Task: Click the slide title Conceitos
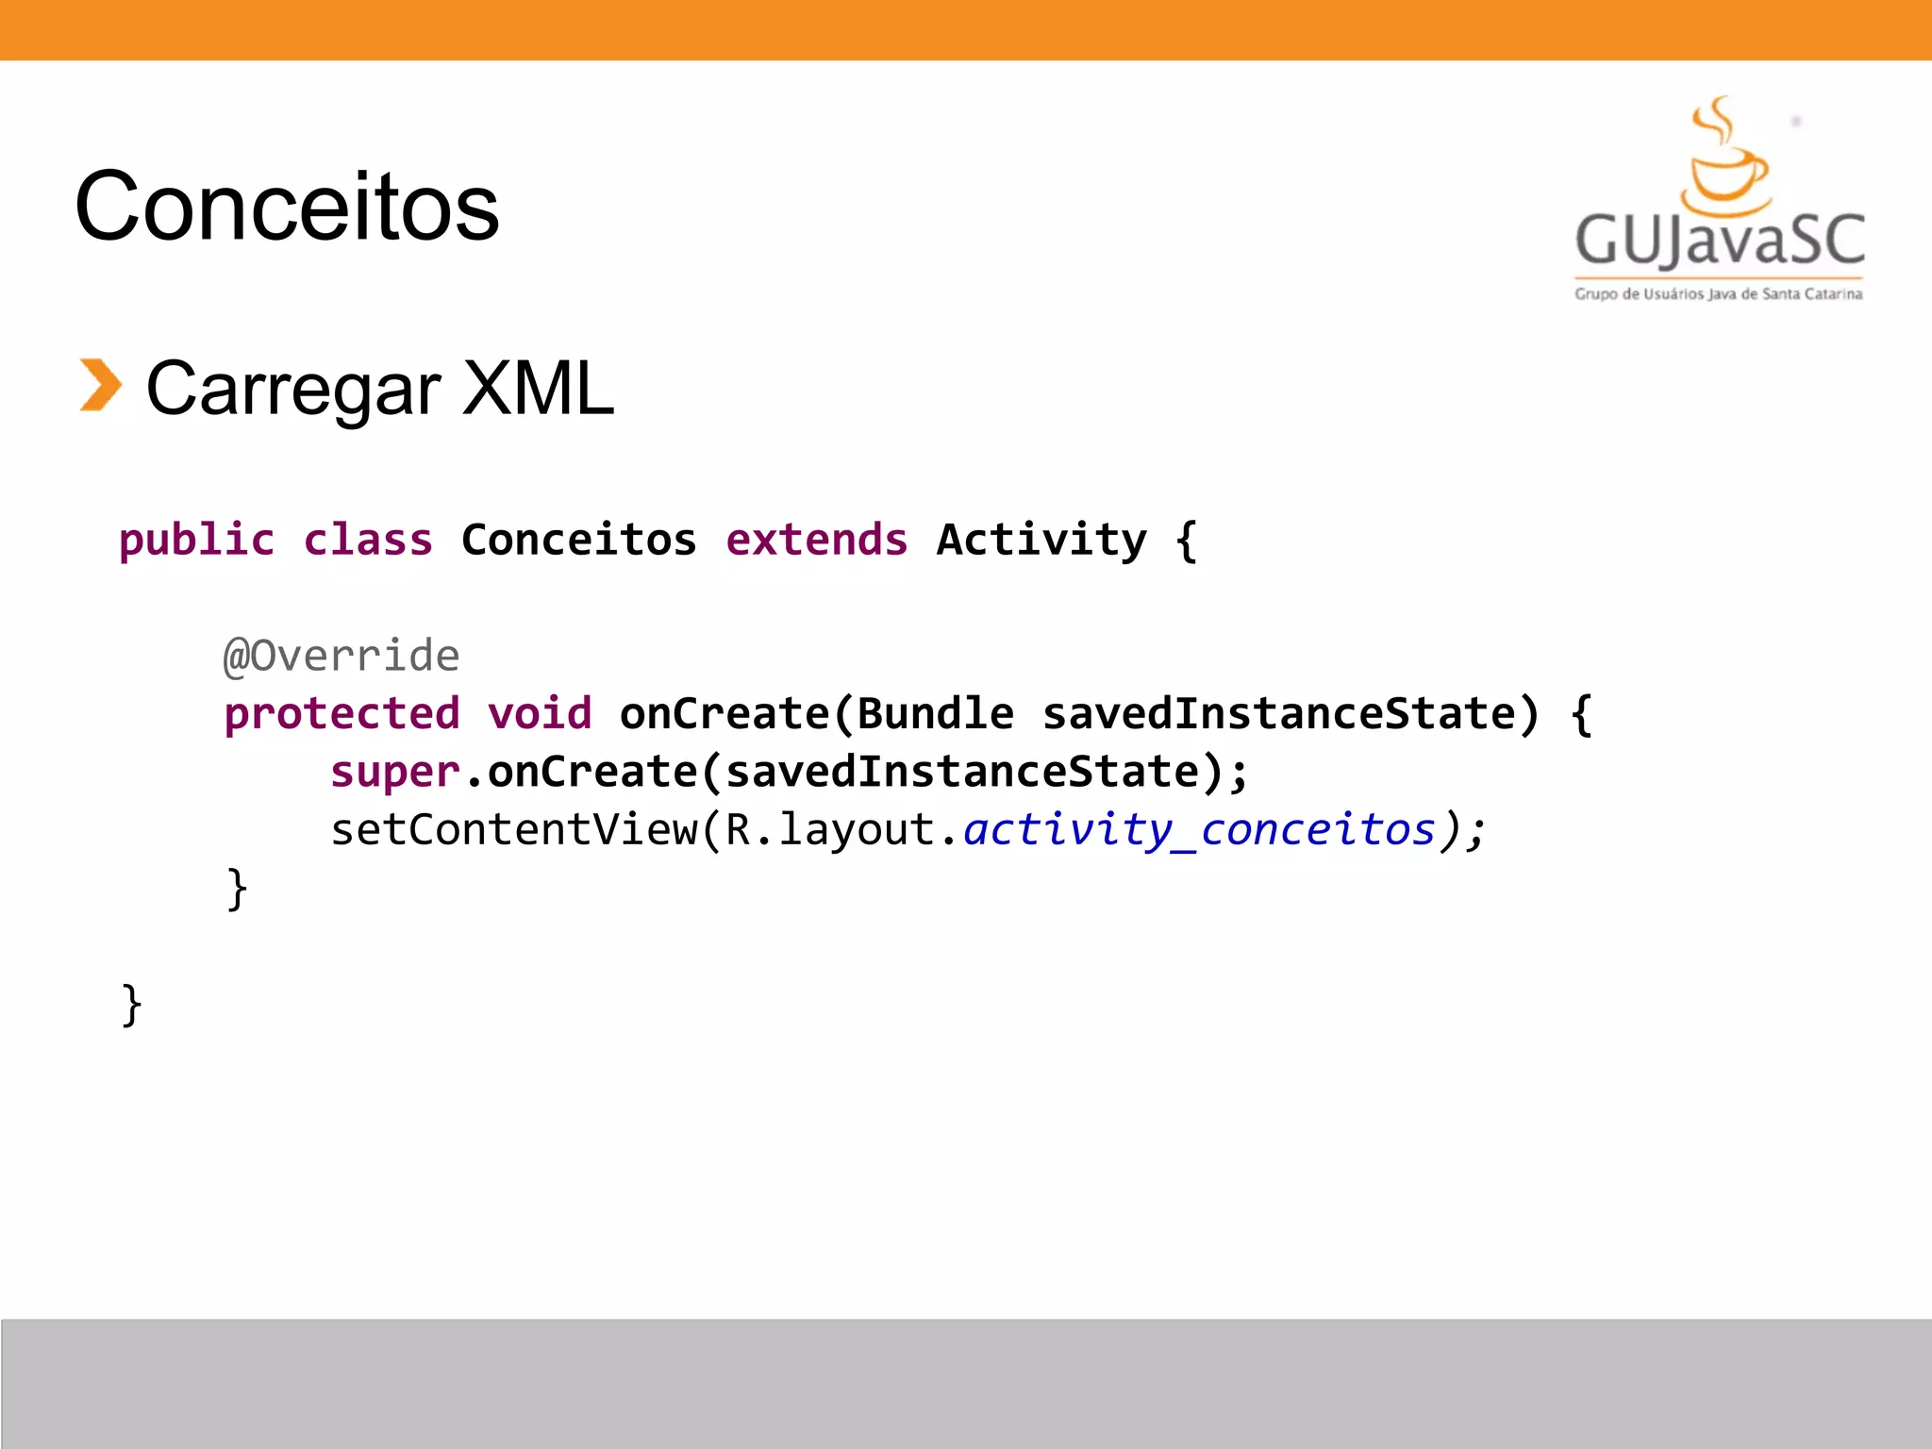coord(287,207)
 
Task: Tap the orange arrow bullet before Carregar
coord(100,386)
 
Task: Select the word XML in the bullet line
coord(538,388)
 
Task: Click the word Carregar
coord(293,390)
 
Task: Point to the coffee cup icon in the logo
coord(1726,160)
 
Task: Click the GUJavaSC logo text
coord(1719,240)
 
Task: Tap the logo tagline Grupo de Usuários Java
coord(1718,294)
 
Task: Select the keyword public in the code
coord(196,541)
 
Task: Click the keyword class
coord(368,541)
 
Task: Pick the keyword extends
coord(816,541)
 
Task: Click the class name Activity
coord(1041,541)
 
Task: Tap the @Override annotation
coord(341,656)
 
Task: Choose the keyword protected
coord(341,714)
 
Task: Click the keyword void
coord(540,714)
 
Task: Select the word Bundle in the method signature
coord(935,714)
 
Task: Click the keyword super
coord(394,773)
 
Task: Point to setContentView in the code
coord(513,830)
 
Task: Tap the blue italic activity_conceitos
coord(1199,830)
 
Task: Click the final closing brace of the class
coord(132,1005)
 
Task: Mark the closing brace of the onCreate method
coord(237,889)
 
